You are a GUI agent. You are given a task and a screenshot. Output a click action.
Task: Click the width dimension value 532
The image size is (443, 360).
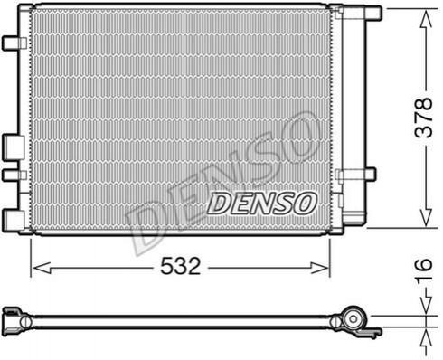[180, 266]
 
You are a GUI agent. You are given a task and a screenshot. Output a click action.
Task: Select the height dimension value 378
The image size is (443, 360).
[423, 118]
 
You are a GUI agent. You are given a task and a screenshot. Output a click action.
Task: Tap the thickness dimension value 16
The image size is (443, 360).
[423, 269]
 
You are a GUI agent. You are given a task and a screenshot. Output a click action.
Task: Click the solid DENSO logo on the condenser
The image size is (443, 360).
[261, 204]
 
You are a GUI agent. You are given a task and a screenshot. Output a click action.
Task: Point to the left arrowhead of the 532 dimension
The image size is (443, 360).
[42, 268]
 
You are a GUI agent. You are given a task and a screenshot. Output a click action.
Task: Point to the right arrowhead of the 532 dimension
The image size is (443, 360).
[319, 268]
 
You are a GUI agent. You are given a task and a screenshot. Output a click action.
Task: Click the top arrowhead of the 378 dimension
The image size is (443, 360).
[426, 19]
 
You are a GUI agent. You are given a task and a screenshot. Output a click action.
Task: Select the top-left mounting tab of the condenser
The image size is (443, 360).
[14, 43]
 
